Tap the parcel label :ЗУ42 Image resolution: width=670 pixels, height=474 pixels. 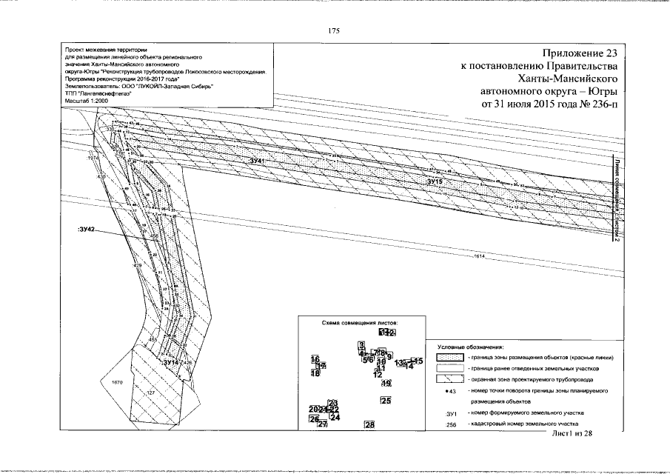(87, 230)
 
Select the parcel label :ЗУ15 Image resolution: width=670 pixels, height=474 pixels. (435, 181)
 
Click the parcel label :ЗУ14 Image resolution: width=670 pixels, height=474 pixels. (171, 362)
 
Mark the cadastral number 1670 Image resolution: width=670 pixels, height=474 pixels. (116, 383)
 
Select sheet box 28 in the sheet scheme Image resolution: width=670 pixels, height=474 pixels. (369, 424)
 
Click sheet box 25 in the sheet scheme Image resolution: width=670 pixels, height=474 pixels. (385, 401)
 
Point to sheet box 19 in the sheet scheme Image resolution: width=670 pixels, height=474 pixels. (386, 383)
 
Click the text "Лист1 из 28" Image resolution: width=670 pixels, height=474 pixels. (573, 433)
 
